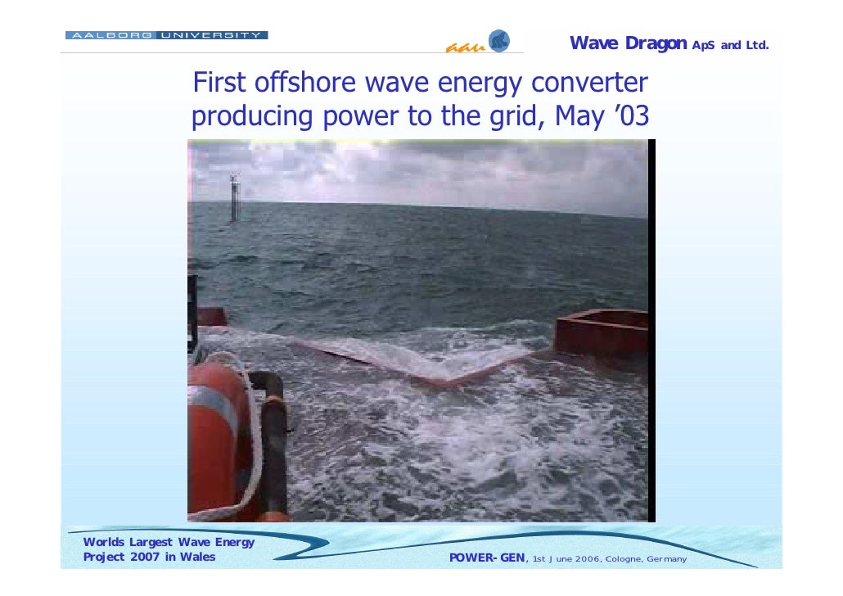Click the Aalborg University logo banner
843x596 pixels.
[166, 35]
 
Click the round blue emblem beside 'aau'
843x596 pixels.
[498, 41]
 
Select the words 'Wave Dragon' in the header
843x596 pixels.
[628, 43]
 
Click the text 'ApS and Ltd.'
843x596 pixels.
[730, 45]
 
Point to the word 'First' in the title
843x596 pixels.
[219, 84]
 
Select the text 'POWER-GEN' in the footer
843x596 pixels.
[488, 558]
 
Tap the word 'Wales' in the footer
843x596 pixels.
[199, 558]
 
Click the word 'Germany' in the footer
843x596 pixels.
[666, 559]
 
